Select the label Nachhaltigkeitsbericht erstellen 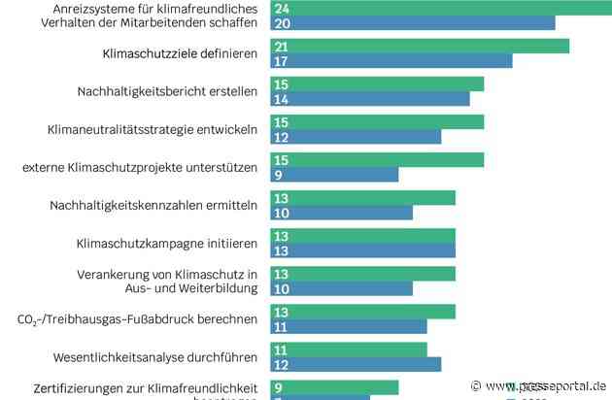coord(167,92)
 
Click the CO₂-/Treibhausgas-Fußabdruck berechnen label coord(137,318)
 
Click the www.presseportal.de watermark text coord(544,383)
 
